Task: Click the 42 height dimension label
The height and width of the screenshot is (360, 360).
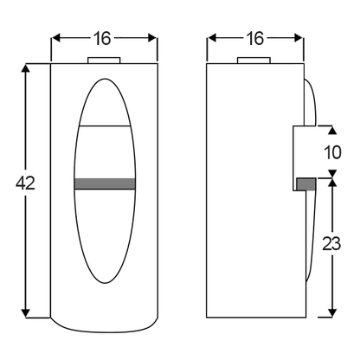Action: (25, 183)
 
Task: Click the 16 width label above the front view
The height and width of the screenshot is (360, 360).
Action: (102, 38)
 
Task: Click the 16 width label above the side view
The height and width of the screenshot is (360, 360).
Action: (255, 38)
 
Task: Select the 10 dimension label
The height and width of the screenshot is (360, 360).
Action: (333, 152)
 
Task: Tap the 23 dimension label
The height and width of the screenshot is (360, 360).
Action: (331, 244)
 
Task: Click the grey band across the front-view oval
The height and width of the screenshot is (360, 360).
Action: (105, 183)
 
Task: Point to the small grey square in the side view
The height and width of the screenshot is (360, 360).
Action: (306, 184)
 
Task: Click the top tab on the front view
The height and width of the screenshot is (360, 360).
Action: (104, 61)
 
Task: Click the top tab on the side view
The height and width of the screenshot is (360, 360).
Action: (254, 61)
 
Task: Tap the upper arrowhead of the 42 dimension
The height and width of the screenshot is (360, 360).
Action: (26, 68)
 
